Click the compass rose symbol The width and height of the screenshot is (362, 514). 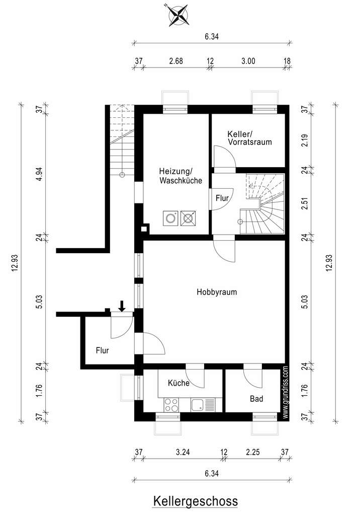pos(178,15)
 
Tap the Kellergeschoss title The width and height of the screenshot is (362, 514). pos(196,501)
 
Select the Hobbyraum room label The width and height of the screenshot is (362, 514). pos(217,292)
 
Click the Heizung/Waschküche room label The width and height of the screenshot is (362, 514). pos(180,176)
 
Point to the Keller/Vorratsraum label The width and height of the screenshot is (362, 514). pos(250,138)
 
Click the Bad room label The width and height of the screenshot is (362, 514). pos(256,399)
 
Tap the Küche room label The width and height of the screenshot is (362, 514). pos(178,383)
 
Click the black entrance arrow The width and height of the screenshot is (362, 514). pos(122,306)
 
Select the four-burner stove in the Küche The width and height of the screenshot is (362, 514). pos(171,405)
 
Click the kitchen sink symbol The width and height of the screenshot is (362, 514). pos(203,405)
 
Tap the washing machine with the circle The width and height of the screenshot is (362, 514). pos(170,218)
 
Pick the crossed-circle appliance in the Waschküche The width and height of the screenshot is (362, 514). pos(188,218)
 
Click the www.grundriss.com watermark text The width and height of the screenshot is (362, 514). pos(286,392)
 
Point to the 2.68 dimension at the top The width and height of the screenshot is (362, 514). pos(176,61)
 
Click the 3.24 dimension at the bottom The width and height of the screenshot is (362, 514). pos(183,453)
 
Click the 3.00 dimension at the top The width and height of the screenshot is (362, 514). pos(248,61)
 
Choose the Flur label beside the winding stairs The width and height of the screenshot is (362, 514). pos(222,198)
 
